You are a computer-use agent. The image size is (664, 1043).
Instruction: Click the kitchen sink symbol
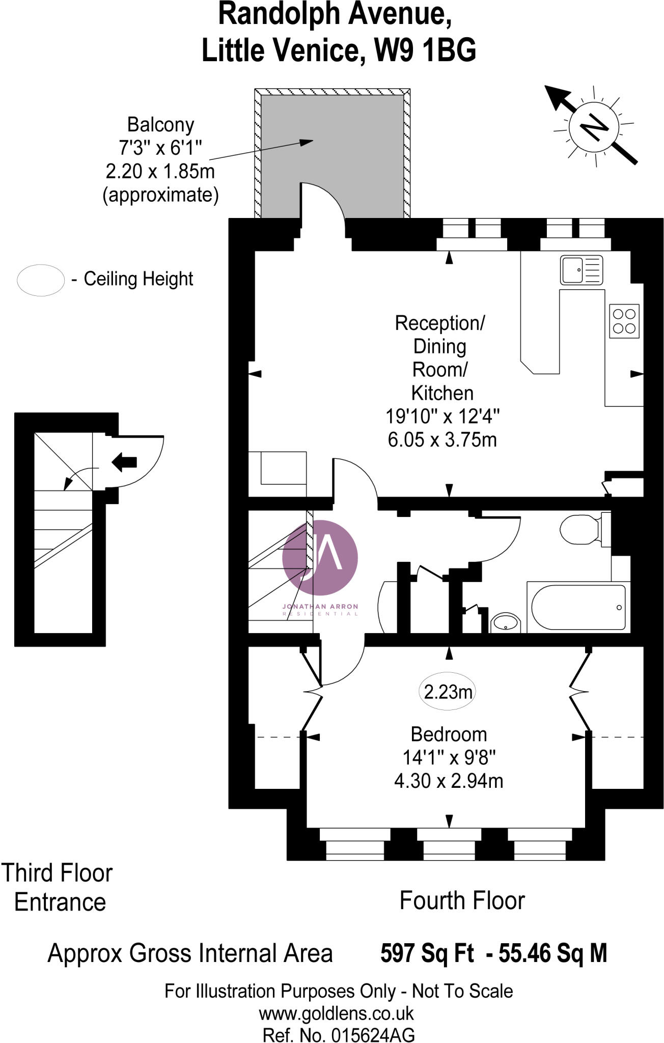581,270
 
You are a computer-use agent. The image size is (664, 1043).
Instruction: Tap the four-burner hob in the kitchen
624,321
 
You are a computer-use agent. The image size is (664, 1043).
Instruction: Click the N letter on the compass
594,126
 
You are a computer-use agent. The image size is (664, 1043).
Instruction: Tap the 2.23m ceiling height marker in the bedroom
448,692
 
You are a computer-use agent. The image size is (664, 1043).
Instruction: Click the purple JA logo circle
320,557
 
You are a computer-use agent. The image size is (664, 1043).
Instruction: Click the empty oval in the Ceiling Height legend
41,280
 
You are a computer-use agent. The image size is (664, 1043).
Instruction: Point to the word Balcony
160,125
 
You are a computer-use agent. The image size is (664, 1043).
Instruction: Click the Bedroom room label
449,734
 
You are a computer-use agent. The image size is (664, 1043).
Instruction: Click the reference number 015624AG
373,1035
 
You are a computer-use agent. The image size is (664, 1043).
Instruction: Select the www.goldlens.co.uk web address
336,1013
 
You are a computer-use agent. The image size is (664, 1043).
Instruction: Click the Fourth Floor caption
462,900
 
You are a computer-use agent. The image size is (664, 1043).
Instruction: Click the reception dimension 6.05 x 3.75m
442,440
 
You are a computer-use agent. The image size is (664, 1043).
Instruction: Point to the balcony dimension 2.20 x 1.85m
160,171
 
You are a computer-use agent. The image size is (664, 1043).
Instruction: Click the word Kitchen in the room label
442,393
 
